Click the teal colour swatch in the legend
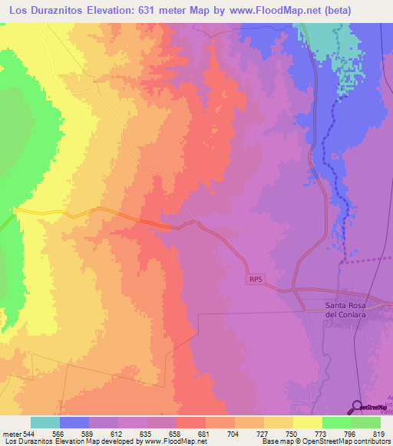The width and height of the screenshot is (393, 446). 45,423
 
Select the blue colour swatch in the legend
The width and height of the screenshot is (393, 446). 74,423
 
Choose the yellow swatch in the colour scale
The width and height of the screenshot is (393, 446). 307,423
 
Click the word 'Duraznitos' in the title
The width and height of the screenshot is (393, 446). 64,10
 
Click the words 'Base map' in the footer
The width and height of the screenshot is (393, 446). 274,441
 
